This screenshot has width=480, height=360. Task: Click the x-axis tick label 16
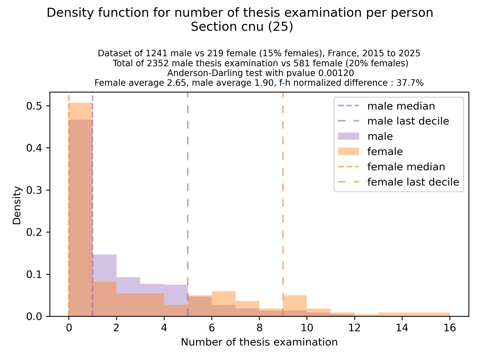click(449, 327)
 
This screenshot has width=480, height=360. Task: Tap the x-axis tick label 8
click(259, 327)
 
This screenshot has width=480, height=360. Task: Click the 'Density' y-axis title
click(17, 205)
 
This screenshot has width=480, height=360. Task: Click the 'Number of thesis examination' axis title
click(259, 342)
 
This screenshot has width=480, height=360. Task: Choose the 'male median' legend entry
click(401, 106)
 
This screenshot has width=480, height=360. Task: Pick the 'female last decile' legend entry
click(413, 182)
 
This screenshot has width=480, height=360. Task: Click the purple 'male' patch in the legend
click(348, 136)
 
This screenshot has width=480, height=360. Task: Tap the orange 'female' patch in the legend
click(348, 151)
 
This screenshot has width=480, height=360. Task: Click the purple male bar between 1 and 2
click(104, 267)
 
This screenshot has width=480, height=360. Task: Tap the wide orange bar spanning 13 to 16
click(414, 314)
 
